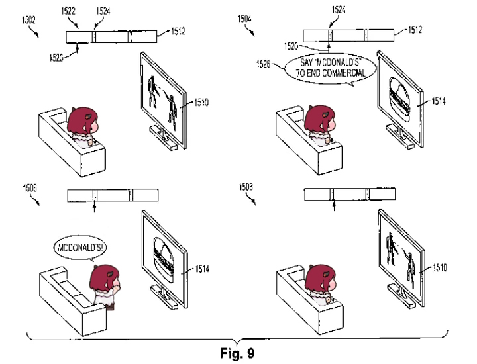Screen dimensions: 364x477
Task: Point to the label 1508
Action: point(244,188)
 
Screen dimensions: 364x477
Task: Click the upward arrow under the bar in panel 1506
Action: point(95,209)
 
